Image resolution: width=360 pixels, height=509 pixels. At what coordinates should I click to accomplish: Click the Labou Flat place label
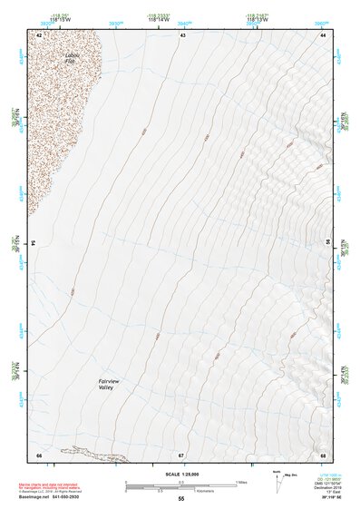tap(73, 59)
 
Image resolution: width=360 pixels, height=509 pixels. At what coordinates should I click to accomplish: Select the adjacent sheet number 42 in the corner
tap(38, 34)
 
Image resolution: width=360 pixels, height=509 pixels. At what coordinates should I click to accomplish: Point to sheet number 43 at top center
tap(182, 34)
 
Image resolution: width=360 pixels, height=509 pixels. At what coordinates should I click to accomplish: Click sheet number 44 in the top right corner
tap(323, 34)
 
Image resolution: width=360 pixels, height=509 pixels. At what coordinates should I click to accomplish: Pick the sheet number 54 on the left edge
tap(34, 244)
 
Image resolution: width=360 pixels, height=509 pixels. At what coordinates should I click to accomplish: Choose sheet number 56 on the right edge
tap(327, 244)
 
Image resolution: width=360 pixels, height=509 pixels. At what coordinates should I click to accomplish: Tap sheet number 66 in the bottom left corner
tap(38, 455)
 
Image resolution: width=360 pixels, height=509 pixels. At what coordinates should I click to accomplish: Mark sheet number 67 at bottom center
tap(181, 455)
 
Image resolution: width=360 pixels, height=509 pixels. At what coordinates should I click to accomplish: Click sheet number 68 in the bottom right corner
tap(323, 455)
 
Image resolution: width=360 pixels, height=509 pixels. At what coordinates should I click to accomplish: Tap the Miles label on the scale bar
tap(241, 481)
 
